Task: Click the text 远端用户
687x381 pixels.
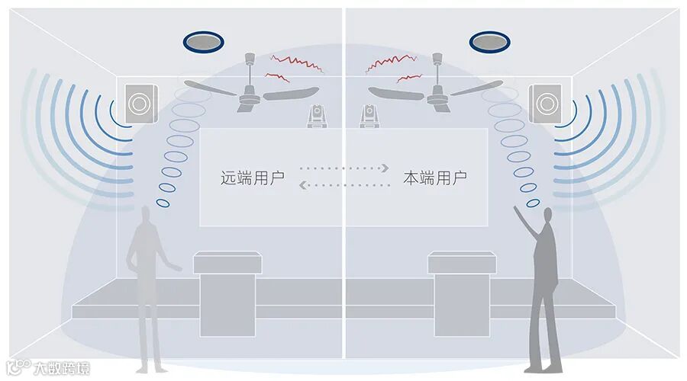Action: coord(253,179)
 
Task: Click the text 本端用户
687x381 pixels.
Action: coord(435,179)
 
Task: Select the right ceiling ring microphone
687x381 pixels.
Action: coord(489,41)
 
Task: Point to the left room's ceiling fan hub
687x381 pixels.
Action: coord(250,94)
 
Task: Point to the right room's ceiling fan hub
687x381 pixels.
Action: coord(437,94)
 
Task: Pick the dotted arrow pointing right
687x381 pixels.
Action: coord(345,168)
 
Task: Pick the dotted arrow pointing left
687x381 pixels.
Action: coord(343,184)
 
